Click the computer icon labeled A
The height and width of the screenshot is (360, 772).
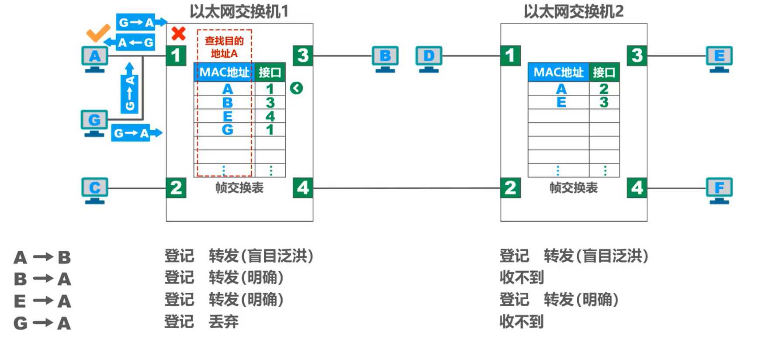click(95, 59)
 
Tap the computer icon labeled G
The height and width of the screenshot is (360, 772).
click(94, 122)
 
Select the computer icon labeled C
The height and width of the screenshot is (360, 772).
click(95, 190)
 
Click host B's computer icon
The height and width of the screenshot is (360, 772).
click(385, 59)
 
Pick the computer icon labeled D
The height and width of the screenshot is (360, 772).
click(429, 59)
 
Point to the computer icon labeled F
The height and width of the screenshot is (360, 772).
click(719, 190)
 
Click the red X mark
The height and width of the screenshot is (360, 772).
click(178, 34)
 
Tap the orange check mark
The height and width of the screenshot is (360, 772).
click(98, 33)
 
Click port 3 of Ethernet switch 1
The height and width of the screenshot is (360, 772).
click(303, 55)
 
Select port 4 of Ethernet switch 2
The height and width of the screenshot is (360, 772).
click(637, 188)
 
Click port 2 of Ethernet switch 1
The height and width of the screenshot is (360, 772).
click(176, 188)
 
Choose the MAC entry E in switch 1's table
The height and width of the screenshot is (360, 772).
click(227, 116)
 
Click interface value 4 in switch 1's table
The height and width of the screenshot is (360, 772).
click(270, 116)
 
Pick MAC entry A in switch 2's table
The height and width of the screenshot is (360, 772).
click(561, 89)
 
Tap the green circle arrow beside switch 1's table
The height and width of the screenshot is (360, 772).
click(296, 88)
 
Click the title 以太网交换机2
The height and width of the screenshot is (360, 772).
click(573, 11)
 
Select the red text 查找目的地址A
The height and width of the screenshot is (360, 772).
click(224, 47)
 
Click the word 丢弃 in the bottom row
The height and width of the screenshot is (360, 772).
click(223, 322)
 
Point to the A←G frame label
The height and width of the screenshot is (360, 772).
click(135, 42)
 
